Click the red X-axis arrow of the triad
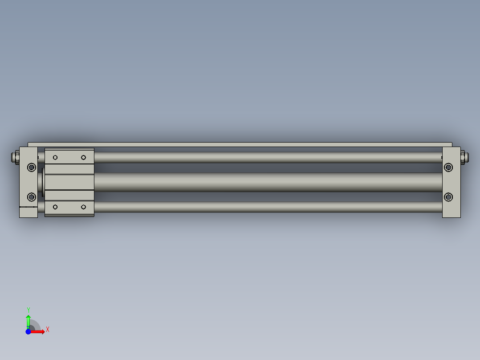(39, 331)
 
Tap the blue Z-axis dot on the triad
(28, 331)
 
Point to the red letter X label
(47, 330)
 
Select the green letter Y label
(28, 310)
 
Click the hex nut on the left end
(16, 157)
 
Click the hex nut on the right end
(463, 157)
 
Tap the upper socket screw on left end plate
(31, 167)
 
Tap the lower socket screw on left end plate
(31, 196)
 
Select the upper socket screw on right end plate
(448, 167)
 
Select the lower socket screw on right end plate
(448, 196)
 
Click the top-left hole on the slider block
(56, 157)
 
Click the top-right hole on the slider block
(83, 157)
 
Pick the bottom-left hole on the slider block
(56, 207)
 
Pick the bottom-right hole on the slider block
(83, 207)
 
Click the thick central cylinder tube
(267, 182)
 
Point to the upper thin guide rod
(267, 157)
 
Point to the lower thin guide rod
(267, 207)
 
